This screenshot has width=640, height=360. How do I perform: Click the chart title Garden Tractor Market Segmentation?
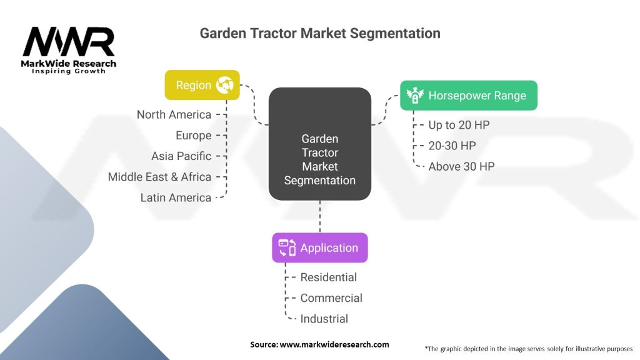pyautogui.click(x=320, y=33)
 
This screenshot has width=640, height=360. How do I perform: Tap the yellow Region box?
pyautogui.click(x=202, y=85)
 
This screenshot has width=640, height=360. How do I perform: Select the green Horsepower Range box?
pyautogui.click(x=468, y=96)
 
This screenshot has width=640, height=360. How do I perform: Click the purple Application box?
pyautogui.click(x=319, y=247)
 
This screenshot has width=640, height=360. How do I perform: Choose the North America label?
pyautogui.click(x=174, y=114)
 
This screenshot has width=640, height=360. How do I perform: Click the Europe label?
pyautogui.click(x=193, y=135)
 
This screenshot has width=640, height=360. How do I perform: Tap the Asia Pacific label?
pyautogui.click(x=181, y=156)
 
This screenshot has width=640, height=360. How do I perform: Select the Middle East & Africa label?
pyautogui.click(x=159, y=177)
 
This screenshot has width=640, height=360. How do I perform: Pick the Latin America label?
pyautogui.click(x=176, y=197)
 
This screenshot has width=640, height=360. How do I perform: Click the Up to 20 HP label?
pyautogui.click(x=459, y=125)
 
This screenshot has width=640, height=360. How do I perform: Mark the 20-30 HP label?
pyautogui.click(x=452, y=146)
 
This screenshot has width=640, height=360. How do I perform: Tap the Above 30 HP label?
pyautogui.click(x=461, y=166)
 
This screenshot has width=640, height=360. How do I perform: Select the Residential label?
pyautogui.click(x=328, y=277)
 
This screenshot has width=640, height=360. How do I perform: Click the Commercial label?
pyautogui.click(x=331, y=298)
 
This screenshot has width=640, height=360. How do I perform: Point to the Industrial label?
pyautogui.click(x=324, y=319)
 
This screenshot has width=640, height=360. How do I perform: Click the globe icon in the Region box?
pyautogui.click(x=224, y=86)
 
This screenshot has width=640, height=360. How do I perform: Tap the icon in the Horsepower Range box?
pyautogui.click(x=414, y=96)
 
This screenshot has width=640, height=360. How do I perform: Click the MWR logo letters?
pyautogui.click(x=69, y=42)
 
